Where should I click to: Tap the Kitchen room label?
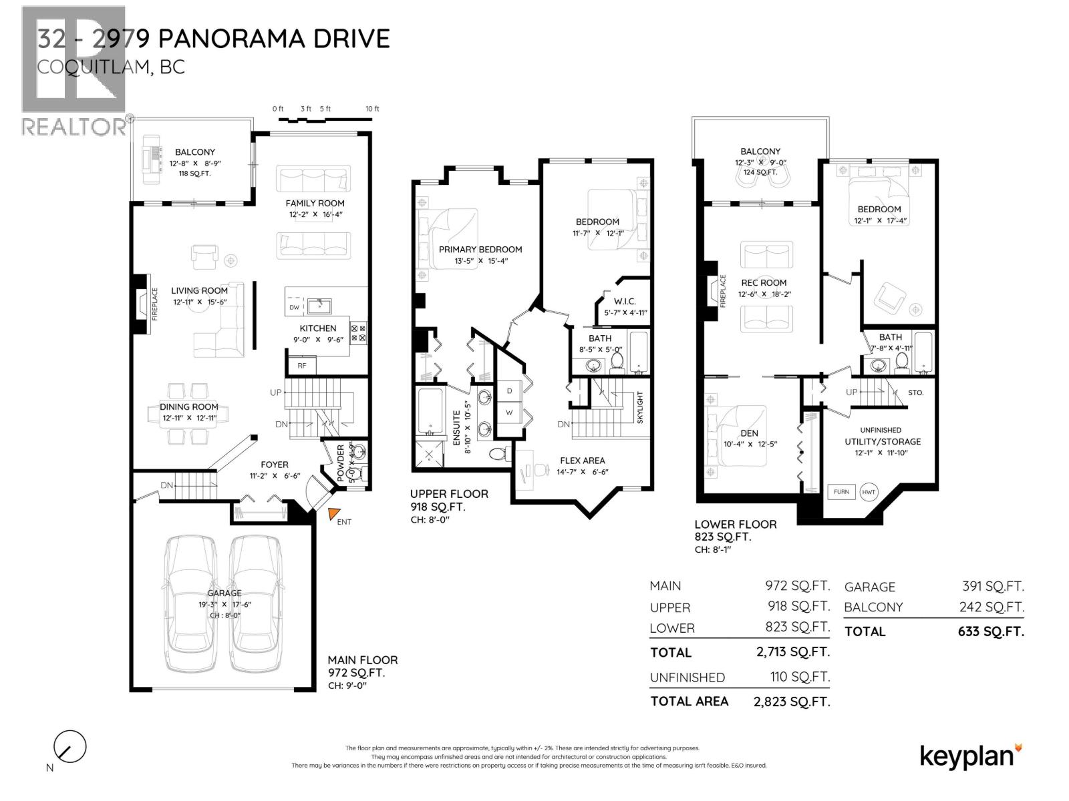pos(318,328)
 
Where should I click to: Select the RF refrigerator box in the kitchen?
pos(302,365)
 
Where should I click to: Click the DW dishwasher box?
pos(295,307)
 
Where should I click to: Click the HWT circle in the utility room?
pos(869,492)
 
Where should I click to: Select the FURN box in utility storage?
pos(841,492)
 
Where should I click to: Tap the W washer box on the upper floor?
pos(509,412)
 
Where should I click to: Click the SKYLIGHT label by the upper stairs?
pos(639,408)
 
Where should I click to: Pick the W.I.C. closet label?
pos(625,301)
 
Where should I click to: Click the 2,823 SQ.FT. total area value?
pos(792,702)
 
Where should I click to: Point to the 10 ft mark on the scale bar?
pos(372,109)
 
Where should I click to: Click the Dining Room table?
pos(188,415)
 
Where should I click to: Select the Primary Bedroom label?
pos(480,249)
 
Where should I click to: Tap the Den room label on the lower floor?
pos(749,433)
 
